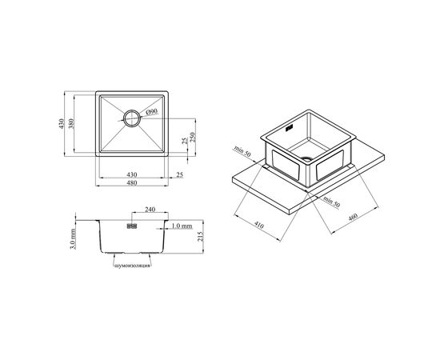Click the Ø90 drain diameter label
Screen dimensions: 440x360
[152, 112]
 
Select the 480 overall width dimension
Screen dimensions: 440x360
[132, 183]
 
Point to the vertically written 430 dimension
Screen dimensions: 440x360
[61, 123]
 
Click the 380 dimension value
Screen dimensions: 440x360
[70, 123]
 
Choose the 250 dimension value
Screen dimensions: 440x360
[193, 138]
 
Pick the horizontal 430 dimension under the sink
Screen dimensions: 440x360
[132, 174]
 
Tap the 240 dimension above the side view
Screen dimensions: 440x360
[150, 210]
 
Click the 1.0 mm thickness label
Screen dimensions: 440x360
[182, 226]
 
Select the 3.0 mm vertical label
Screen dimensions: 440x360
[72, 239]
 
